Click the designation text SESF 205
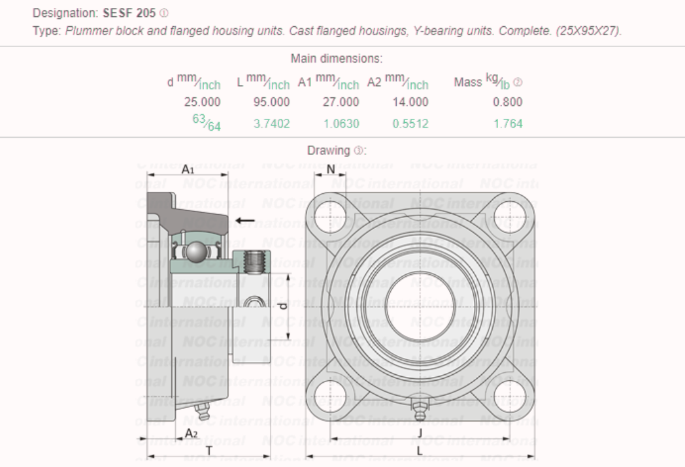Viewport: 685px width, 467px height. [x=129, y=13]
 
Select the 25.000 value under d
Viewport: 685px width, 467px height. [x=202, y=102]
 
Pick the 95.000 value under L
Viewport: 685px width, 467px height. [x=271, y=102]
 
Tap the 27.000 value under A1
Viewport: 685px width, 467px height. [x=341, y=102]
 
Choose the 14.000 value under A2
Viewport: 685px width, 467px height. [x=410, y=102]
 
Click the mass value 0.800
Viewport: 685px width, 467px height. [x=508, y=102]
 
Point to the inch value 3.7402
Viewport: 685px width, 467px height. [x=271, y=123]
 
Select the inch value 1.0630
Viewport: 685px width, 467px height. [x=341, y=123]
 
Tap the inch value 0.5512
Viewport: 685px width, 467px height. [x=410, y=123]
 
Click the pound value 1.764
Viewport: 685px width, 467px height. [x=508, y=123]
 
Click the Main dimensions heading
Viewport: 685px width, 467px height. [x=336, y=59]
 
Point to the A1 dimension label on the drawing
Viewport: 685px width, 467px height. [x=188, y=170]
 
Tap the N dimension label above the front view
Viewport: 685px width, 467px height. [x=331, y=170]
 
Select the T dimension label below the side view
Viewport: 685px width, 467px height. [x=209, y=450]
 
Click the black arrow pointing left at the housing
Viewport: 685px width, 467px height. [x=245, y=221]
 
